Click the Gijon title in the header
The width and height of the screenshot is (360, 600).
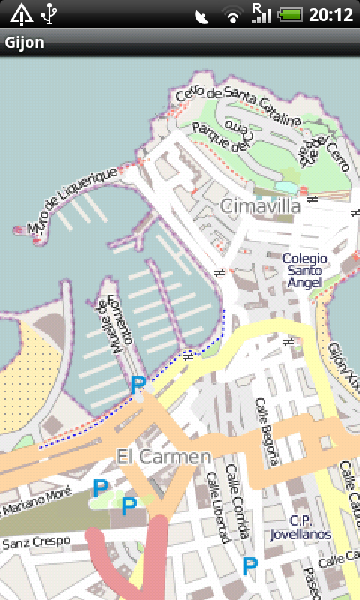25,43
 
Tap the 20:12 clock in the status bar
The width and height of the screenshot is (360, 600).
331,14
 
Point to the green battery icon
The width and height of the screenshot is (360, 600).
291,14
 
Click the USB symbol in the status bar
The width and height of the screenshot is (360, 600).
50,13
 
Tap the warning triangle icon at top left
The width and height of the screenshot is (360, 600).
21,13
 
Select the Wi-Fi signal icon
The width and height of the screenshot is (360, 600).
232,14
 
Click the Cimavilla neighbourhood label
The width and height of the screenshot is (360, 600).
261,205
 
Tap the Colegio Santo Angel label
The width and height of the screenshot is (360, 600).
303,270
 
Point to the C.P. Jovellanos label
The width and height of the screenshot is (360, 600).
310,527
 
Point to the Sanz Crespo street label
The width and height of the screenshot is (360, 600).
36,541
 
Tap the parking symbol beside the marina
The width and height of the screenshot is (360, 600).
137,385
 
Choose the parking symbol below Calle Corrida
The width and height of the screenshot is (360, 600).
250,565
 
